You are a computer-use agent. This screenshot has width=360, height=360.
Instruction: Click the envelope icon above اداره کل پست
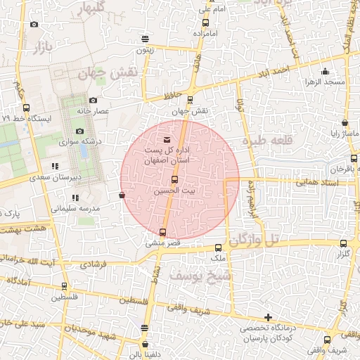click(x=166, y=140)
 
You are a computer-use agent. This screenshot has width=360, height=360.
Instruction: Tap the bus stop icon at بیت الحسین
click(x=166, y=179)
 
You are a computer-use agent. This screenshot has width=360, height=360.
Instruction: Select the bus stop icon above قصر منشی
click(x=163, y=232)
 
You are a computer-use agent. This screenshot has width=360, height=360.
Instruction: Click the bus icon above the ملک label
click(x=218, y=247)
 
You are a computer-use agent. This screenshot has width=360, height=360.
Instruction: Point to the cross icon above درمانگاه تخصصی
click(x=267, y=317)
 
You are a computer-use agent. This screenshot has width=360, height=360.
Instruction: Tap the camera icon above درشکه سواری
click(x=79, y=131)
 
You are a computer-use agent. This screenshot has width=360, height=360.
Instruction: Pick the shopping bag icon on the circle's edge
click(x=123, y=195)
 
